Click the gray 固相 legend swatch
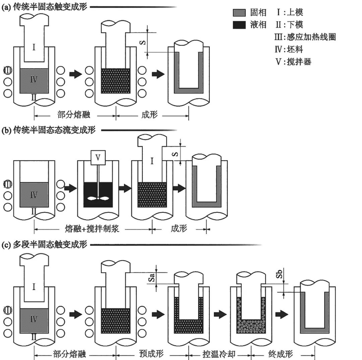coord(239,13)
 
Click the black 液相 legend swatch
coord(239,25)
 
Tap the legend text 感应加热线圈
coord(311,37)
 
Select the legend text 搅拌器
coord(299,62)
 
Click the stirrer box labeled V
coord(98,157)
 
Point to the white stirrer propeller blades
coord(98,198)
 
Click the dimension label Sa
coord(151,278)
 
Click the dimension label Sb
coord(279,274)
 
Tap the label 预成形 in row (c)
coord(151,354)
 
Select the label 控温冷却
coord(219,354)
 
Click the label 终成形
coord(281,354)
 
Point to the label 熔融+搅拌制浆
coord(92,229)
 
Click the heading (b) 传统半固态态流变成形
coord(49,130)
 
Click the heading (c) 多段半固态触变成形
coord(44,245)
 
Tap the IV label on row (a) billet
coord(34,80)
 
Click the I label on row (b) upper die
coord(152,161)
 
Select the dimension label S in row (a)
coord(143,42)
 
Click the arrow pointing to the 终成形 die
coord(282,314)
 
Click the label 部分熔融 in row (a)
coord(74,115)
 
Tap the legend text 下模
coord(295,25)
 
